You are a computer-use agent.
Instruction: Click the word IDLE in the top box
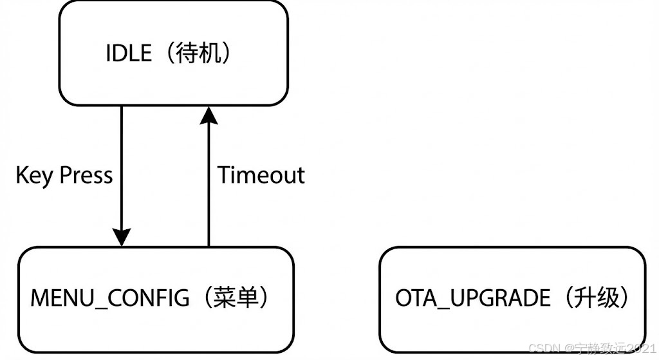tap(129, 53)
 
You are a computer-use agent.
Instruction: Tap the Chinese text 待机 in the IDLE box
tap(198, 53)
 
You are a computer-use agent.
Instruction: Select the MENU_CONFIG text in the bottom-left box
tap(110, 298)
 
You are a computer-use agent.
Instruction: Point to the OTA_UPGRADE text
tap(473, 298)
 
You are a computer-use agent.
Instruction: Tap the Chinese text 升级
tap(596, 298)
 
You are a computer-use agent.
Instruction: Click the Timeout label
tap(261, 175)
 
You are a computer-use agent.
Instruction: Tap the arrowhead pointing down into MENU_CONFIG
tap(121, 237)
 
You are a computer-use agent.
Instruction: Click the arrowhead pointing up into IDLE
tap(208, 116)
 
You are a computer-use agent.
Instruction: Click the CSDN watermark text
tap(543, 348)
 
